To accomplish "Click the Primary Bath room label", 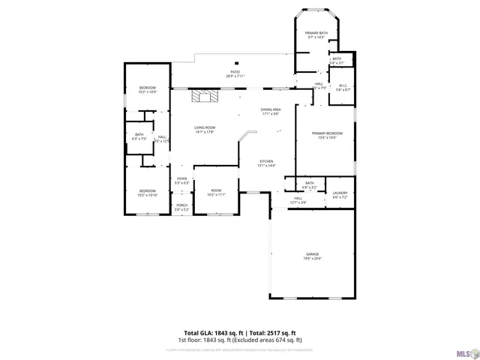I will (x=316, y=35).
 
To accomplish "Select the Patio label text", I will (x=235, y=74).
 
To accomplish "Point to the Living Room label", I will (x=205, y=130).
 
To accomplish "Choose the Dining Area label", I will (x=271, y=112).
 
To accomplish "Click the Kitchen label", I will (x=266, y=163).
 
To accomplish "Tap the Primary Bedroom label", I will (x=327, y=135).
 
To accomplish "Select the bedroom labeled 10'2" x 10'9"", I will (x=147, y=90).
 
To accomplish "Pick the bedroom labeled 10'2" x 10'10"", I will (x=147, y=192).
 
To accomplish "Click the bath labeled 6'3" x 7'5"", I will (x=139, y=136).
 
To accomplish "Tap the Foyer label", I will (x=181, y=180).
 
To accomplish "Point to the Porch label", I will (x=181, y=206).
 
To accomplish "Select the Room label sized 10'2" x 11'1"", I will (x=216, y=192).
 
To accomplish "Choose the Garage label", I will (x=312, y=256).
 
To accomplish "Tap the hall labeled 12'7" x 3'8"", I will (x=298, y=200).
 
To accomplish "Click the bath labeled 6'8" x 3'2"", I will (x=309, y=184).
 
